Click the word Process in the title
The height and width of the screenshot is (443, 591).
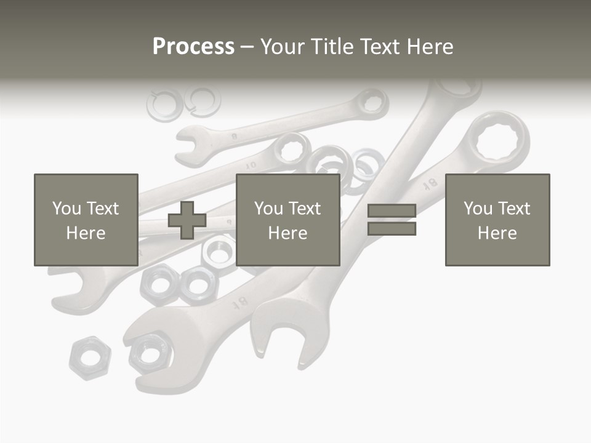click(x=193, y=46)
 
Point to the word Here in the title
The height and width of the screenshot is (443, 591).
click(x=428, y=46)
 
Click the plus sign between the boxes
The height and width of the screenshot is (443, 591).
click(x=187, y=220)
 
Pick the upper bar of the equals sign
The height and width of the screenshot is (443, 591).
click(x=392, y=211)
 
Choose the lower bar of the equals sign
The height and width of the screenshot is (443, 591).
click(x=392, y=229)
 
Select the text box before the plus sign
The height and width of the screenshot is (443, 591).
click(x=86, y=220)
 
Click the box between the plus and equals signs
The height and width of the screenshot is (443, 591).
click(x=287, y=220)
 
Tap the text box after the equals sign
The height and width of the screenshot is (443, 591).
click(x=497, y=220)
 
